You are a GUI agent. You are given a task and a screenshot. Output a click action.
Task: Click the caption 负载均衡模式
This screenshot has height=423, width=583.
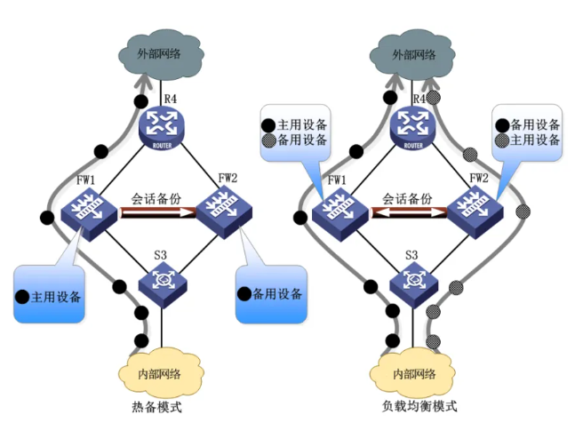click(x=411, y=407)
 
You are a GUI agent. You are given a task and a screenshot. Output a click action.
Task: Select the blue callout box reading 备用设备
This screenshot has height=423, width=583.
click(x=270, y=294)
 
